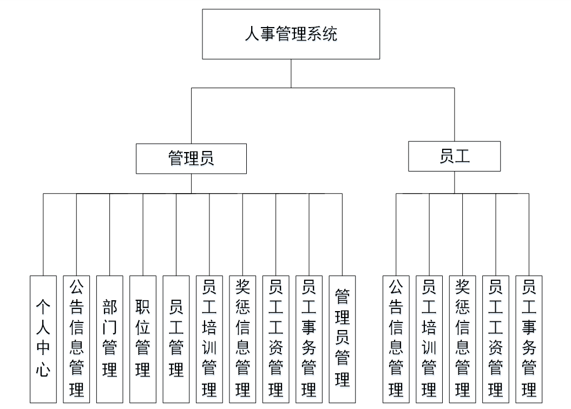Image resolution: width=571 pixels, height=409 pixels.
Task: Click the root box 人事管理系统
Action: [291, 34]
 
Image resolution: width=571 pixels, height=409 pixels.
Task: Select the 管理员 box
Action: [191, 159]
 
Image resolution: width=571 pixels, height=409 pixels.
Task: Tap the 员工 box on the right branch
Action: [454, 156]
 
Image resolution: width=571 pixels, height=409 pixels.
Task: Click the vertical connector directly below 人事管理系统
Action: [291, 73]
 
